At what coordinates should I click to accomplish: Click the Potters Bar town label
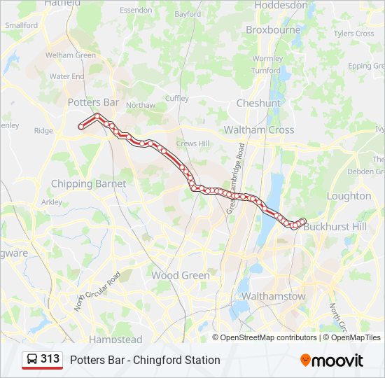(93, 102)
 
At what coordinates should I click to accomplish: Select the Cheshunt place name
(258, 103)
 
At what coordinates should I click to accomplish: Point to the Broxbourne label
(273, 29)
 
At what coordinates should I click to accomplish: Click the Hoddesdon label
(281, 5)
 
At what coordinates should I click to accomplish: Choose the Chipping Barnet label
(88, 183)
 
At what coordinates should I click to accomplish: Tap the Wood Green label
(180, 275)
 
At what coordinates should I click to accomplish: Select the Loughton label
(349, 196)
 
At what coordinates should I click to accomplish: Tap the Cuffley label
(177, 99)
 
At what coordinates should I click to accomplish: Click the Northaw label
(140, 105)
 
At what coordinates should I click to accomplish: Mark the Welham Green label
(70, 55)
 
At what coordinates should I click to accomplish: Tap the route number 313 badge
(50, 359)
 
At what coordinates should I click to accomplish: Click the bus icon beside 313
(32, 360)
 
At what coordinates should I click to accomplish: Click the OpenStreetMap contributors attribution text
(268, 337)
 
